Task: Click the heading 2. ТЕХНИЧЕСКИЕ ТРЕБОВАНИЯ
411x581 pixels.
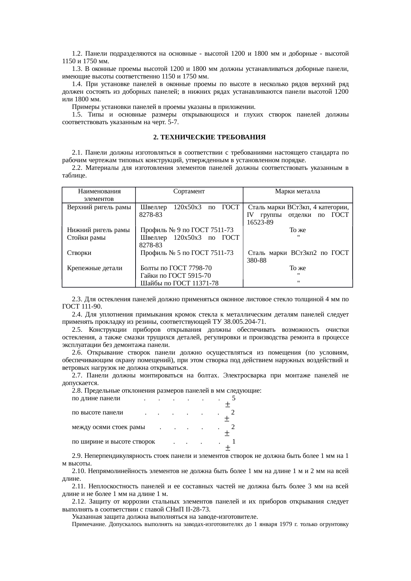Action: point(209,137)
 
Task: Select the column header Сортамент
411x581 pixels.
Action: point(189,191)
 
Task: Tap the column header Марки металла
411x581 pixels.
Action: point(297,191)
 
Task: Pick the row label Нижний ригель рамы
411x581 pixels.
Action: point(98,230)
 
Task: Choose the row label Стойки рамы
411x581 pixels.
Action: point(86,238)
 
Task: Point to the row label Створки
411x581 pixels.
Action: point(79,253)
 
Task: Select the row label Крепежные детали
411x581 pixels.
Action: point(94,268)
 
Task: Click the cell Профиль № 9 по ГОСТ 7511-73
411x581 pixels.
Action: point(187,230)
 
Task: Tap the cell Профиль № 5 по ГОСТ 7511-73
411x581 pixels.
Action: point(187,253)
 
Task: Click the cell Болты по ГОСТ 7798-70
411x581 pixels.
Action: point(176,268)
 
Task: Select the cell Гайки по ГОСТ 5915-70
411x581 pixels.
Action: point(176,276)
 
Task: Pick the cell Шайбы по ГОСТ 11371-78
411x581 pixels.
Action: point(179,283)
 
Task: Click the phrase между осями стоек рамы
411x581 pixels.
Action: point(108,427)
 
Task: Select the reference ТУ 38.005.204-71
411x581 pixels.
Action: point(238,322)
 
